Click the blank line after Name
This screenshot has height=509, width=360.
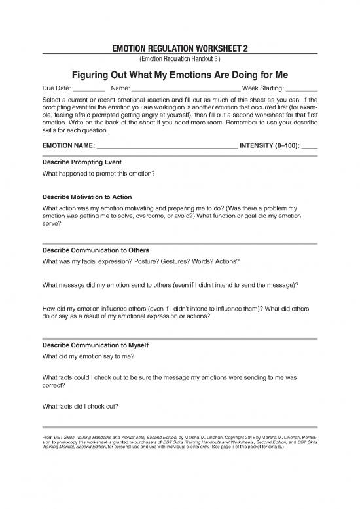coord(186,89)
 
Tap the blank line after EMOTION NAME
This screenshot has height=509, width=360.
coord(167,146)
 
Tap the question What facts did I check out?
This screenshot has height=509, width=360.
coord(80,406)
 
